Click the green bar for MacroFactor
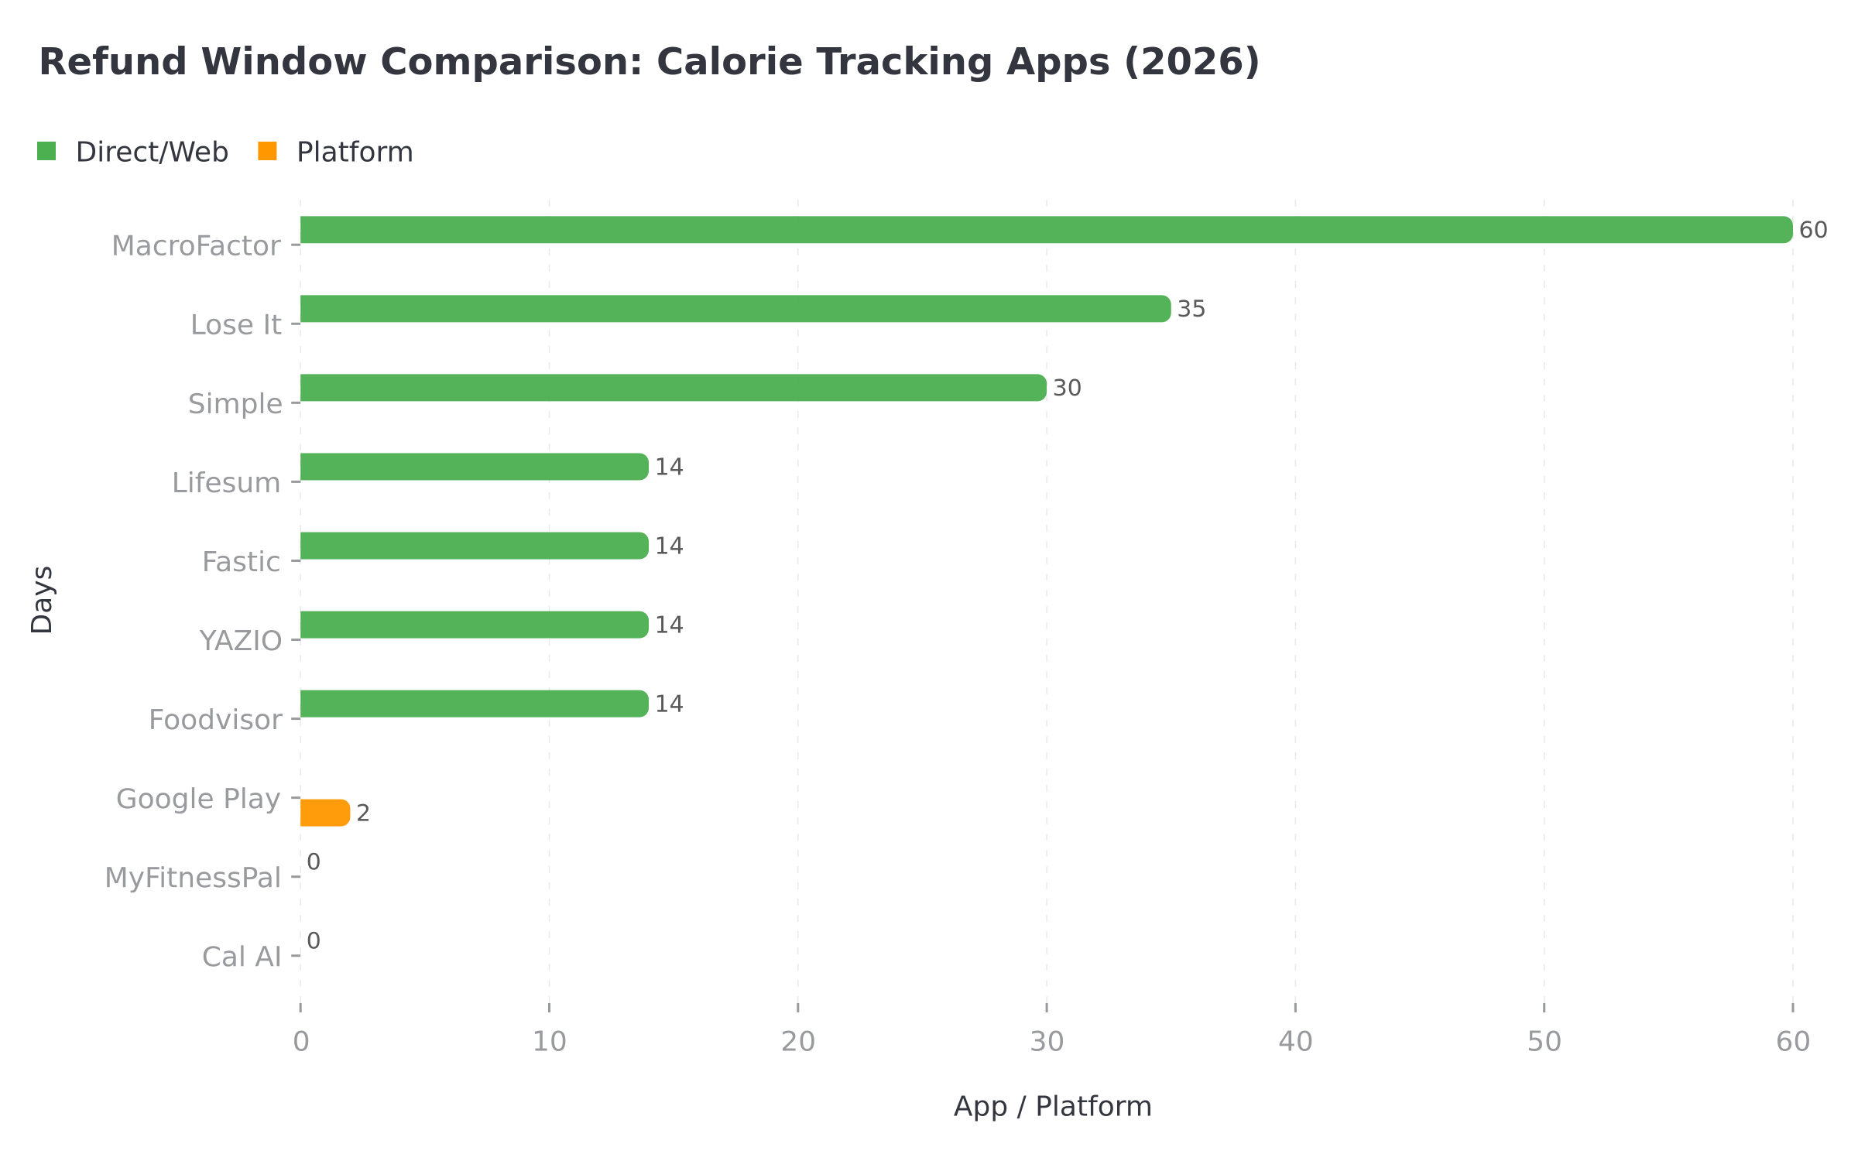pyautogui.click(x=1045, y=230)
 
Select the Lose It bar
pyautogui.click(x=735, y=309)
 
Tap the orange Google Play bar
pyautogui.click(x=325, y=813)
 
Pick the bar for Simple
pyautogui.click(x=674, y=388)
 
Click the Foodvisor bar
pyautogui.click(x=474, y=704)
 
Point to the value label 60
pyautogui.click(x=1813, y=231)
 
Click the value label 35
pyautogui.click(x=1191, y=310)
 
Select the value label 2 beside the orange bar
pyautogui.click(x=363, y=813)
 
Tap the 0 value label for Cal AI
pyautogui.click(x=314, y=941)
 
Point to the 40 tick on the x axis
pyautogui.click(x=1295, y=1042)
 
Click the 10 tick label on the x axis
pyautogui.click(x=550, y=1042)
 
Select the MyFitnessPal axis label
pyautogui.click(x=193, y=878)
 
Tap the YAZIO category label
pyautogui.click(x=241, y=641)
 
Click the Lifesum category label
pyautogui.click(x=226, y=483)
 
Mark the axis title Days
pyautogui.click(x=43, y=600)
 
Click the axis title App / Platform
pyautogui.click(x=1052, y=1107)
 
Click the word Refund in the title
pyautogui.click(x=113, y=62)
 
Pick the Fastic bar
pyautogui.click(x=474, y=546)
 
